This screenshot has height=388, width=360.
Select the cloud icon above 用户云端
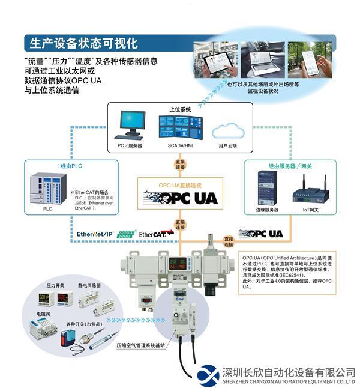(x=227, y=129)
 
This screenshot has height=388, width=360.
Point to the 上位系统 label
(x=180, y=109)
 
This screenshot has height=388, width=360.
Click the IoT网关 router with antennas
(x=309, y=190)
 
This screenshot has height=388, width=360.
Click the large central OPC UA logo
(x=181, y=198)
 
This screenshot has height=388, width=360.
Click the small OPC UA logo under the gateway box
(x=260, y=233)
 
